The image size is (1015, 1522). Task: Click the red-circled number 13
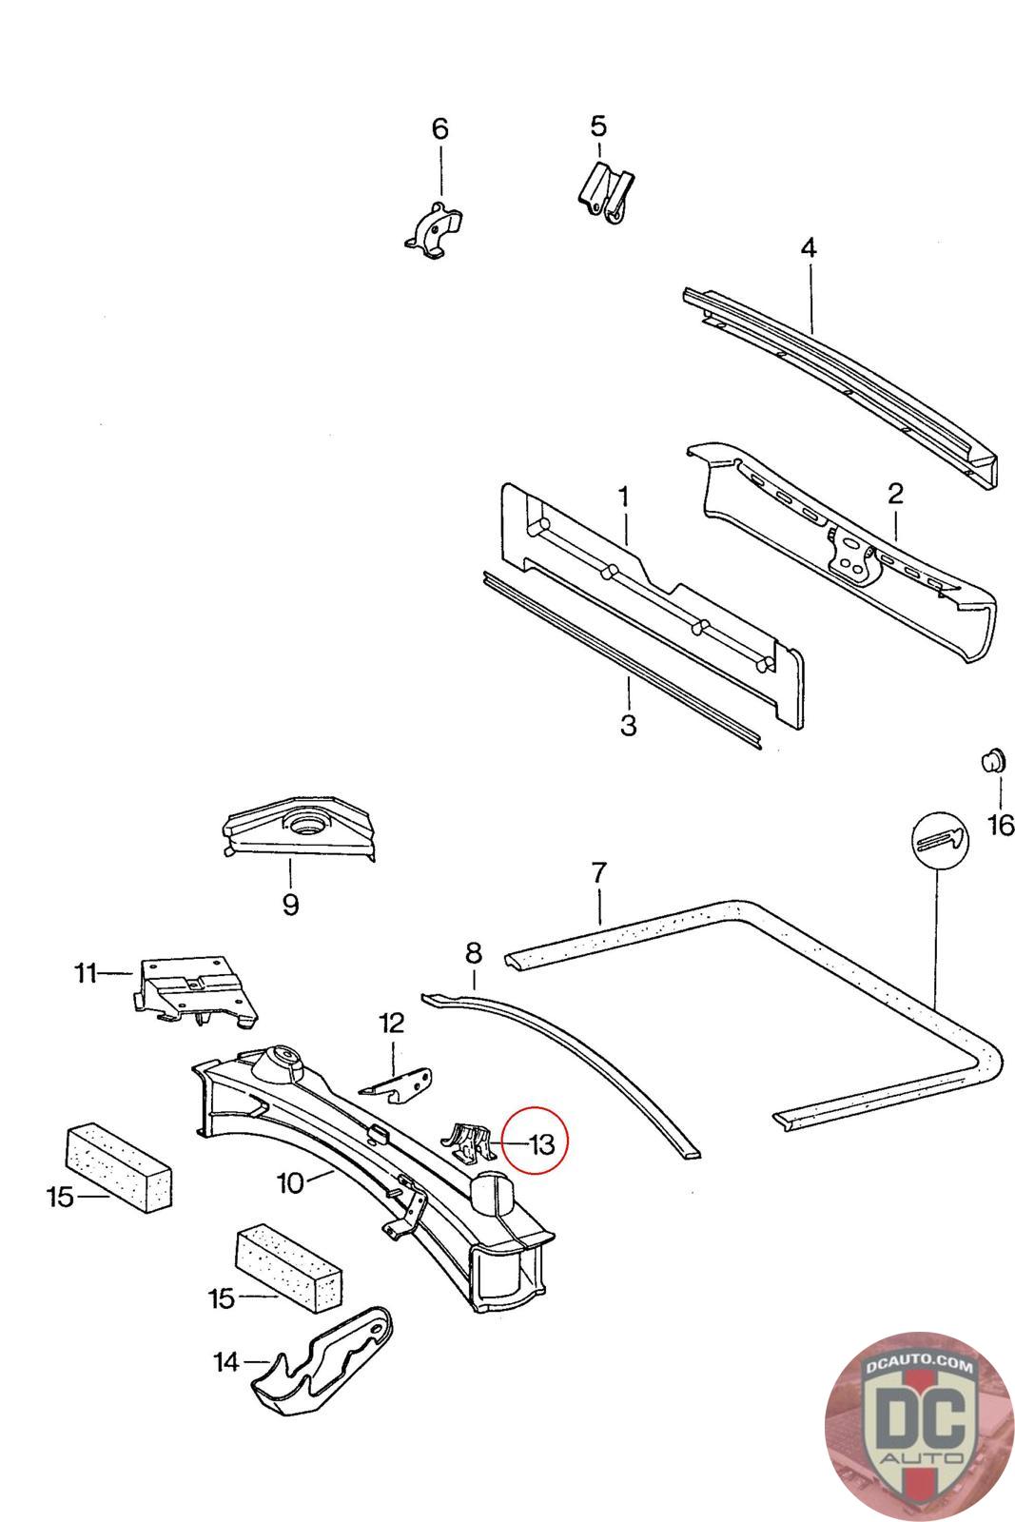tap(540, 1143)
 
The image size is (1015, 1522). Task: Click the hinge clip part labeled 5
tap(605, 194)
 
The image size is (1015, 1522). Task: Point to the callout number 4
tap(808, 249)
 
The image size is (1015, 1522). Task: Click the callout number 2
tap(894, 494)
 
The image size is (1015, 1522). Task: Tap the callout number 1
tap(623, 497)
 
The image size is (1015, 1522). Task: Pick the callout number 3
tap(628, 724)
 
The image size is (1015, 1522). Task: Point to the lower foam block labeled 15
tap(287, 1265)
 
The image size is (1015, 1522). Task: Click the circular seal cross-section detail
tap(938, 839)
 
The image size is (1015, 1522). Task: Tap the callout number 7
tap(598, 872)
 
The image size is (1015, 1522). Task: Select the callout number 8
tap(474, 952)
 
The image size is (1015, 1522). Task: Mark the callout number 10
tap(290, 1182)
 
